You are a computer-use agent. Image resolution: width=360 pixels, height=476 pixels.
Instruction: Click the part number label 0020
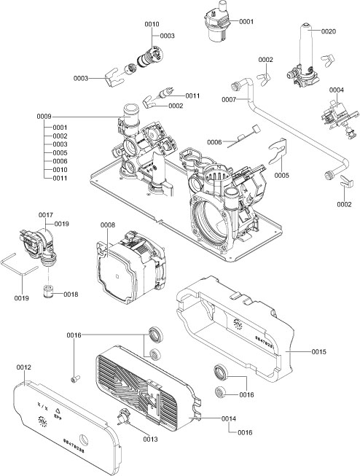(328, 31)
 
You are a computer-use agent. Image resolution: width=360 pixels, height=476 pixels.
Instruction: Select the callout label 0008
(107, 226)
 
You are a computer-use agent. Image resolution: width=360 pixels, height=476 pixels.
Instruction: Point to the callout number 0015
(318, 352)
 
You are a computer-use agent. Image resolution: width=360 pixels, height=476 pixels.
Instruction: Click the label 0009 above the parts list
(44, 117)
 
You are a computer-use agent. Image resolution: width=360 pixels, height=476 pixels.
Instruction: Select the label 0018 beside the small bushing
(70, 294)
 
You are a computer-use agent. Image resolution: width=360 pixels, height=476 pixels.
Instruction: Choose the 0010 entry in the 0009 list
(60, 169)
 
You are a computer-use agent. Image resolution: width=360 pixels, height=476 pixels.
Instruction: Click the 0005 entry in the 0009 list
(60, 152)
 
